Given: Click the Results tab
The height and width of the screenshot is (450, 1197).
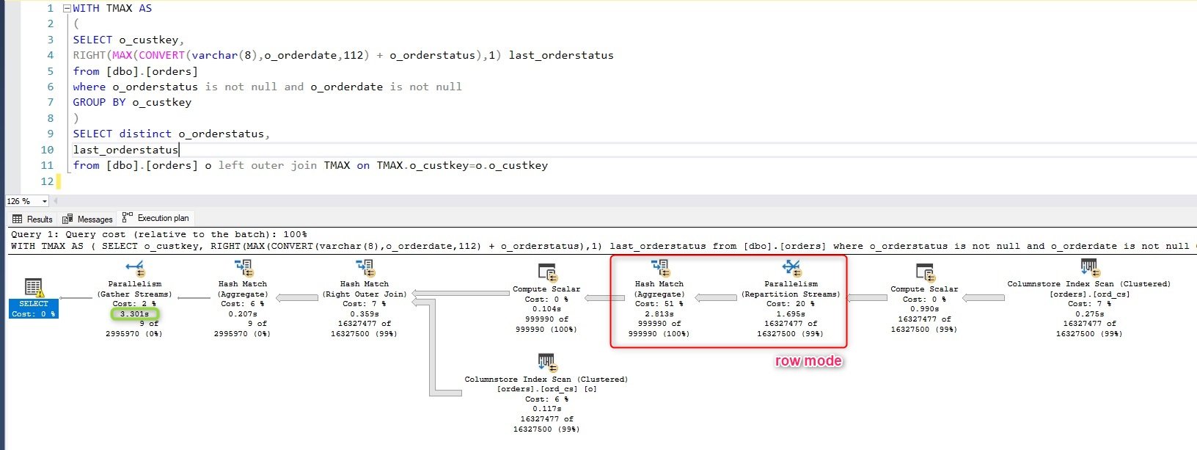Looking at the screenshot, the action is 32,219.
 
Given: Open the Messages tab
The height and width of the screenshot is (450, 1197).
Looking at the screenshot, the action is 87,219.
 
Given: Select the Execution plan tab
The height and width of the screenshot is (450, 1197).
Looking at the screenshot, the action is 155,218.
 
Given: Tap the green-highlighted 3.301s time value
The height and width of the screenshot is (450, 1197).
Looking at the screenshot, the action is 135,313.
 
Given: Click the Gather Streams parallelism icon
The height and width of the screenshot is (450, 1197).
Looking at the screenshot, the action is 135,267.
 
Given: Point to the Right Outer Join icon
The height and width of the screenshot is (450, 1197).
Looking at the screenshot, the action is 365,267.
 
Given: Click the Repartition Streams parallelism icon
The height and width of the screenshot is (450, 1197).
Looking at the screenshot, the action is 791,267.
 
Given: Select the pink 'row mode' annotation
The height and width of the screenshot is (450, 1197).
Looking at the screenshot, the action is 808,361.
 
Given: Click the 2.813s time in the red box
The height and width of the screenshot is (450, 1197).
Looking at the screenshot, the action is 659,313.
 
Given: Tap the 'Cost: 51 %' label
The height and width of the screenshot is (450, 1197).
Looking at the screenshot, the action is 659,303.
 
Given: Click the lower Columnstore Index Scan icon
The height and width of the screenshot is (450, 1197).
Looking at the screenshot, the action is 546,362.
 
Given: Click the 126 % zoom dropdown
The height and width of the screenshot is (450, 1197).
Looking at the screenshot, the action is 26,201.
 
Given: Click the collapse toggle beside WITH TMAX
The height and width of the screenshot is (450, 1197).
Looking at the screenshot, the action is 67,9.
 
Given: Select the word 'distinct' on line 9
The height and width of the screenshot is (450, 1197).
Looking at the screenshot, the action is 145,134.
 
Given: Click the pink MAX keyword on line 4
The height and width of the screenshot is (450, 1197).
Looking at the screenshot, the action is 122,55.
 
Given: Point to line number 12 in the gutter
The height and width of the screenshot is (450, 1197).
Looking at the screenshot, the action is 47,181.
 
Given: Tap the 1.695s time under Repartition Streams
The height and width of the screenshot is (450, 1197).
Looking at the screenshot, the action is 791,313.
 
